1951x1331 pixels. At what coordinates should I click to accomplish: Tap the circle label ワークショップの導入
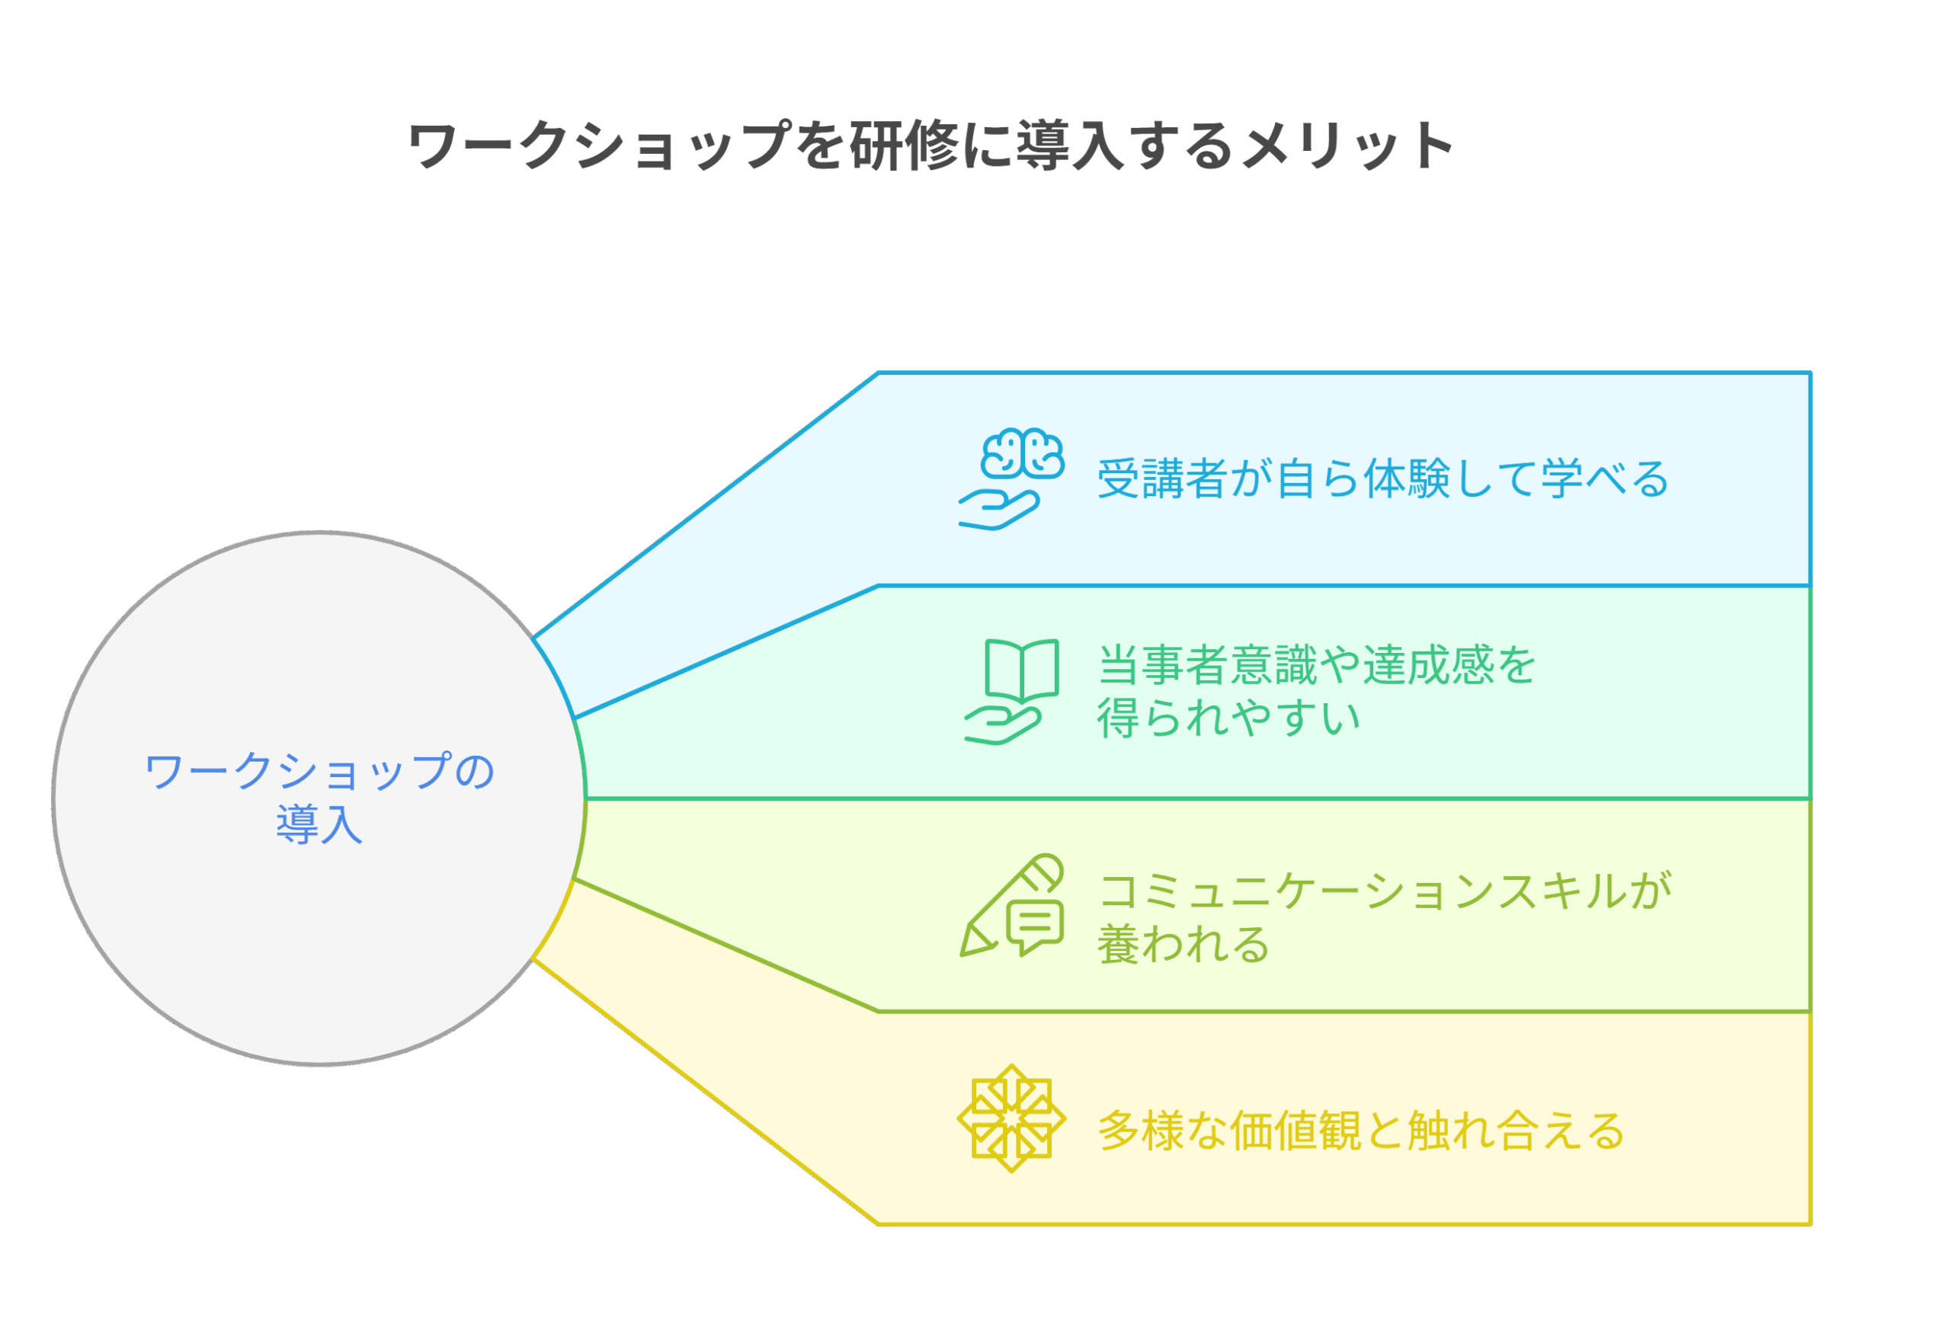(x=320, y=797)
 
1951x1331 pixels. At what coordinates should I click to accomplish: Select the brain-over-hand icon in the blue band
(x=1011, y=479)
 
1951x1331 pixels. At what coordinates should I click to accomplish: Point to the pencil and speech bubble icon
(x=1011, y=907)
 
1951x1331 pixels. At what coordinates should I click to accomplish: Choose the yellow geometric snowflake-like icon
(x=1011, y=1118)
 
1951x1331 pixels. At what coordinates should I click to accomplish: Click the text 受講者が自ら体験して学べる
(x=1382, y=479)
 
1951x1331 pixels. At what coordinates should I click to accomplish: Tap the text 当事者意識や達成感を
(x=1315, y=664)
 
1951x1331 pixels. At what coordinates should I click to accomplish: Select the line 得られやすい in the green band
(x=1229, y=718)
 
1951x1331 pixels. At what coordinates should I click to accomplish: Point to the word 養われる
(x=1184, y=944)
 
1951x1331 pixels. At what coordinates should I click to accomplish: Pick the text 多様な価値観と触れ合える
(x=1361, y=1131)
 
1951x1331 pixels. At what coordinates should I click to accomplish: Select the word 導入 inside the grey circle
(x=320, y=824)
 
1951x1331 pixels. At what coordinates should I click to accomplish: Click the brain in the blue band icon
(x=1023, y=453)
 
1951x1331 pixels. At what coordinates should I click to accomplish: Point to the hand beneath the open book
(x=1003, y=725)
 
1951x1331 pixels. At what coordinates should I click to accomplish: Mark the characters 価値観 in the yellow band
(x=1296, y=1131)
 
